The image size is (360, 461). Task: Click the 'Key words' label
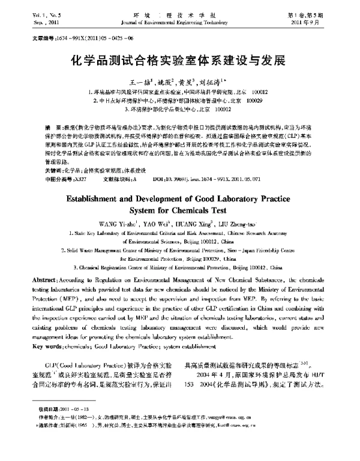49,346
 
